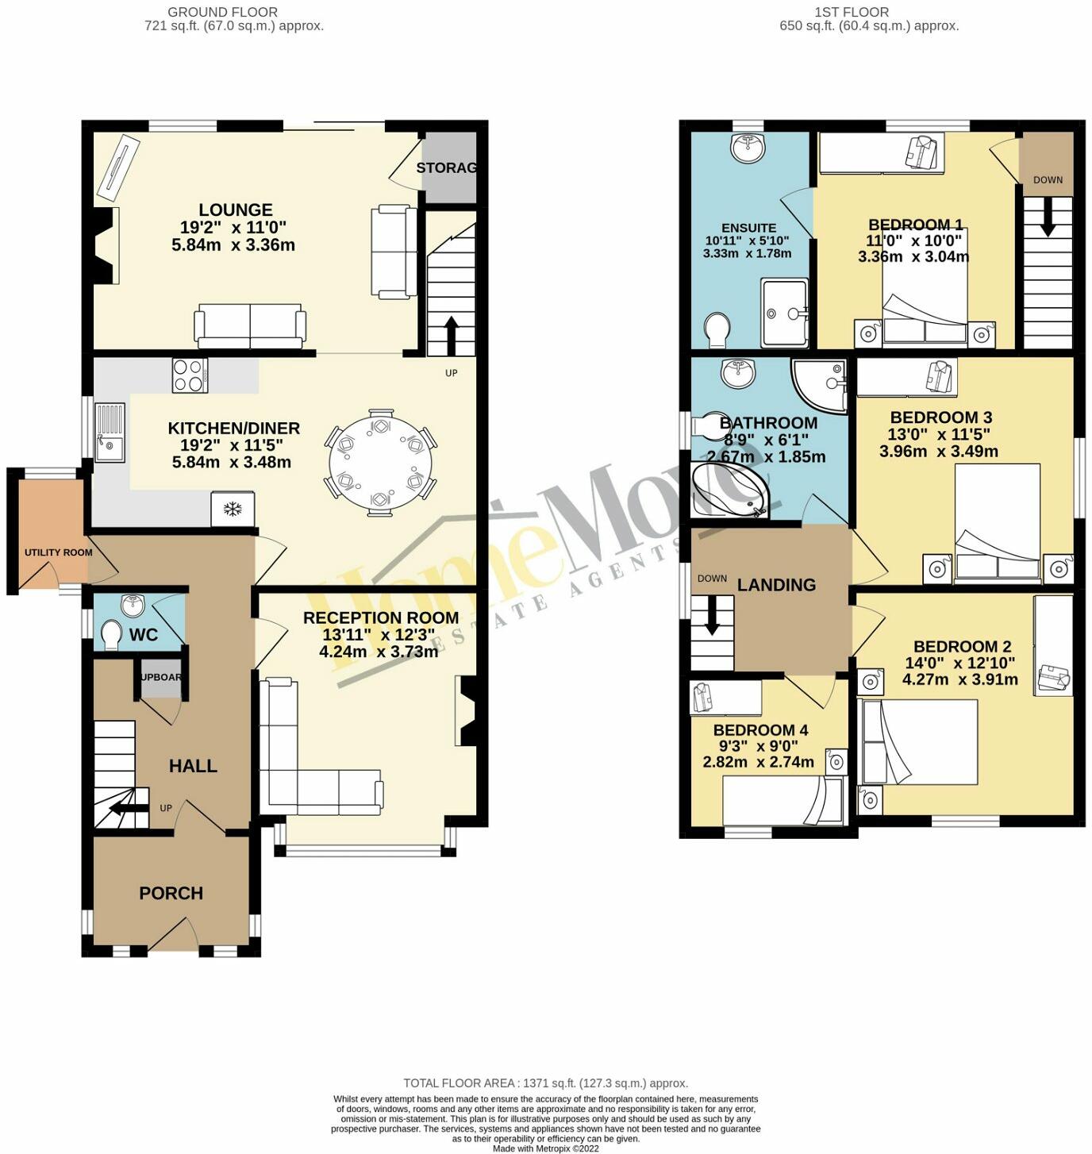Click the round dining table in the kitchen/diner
[382, 463]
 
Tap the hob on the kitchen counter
[190, 375]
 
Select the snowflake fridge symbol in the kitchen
[233, 509]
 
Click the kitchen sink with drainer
[110, 433]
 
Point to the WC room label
[144, 635]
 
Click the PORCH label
[171, 893]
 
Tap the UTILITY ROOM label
[58, 552]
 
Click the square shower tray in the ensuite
[784, 313]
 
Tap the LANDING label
[776, 585]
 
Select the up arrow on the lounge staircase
[451, 335]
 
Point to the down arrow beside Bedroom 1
[1048, 217]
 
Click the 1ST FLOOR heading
[851, 12]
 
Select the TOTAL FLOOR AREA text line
[545, 1083]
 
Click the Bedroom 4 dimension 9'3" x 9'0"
[758, 746]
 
